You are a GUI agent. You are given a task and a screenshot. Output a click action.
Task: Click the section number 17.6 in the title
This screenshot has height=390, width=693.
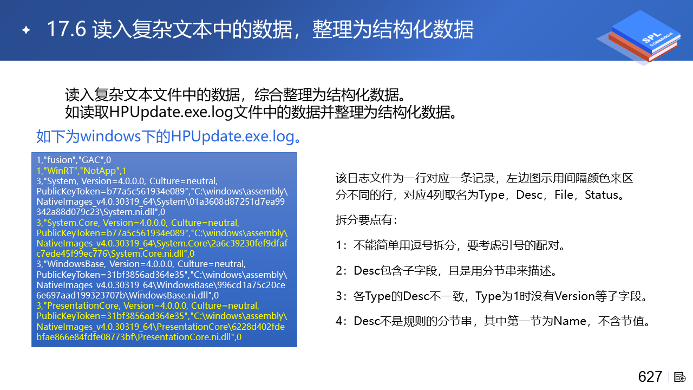66,29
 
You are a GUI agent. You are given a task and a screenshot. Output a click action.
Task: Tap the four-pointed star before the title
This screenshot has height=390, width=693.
27,30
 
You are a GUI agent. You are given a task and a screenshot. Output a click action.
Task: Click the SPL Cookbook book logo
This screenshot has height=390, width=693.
640,37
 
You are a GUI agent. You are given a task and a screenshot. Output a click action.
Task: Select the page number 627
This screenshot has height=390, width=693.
650,376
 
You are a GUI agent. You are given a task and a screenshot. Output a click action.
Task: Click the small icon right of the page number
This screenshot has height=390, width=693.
679,378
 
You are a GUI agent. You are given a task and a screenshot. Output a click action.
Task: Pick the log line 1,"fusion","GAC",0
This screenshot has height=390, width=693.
74,160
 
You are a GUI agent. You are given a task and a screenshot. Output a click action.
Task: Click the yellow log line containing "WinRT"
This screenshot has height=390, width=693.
81,171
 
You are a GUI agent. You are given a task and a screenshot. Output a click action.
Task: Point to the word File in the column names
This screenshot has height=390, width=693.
564,195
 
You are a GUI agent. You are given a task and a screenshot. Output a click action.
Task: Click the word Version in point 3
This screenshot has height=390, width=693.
574,296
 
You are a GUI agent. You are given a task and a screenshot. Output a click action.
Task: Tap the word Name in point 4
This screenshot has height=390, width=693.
570,321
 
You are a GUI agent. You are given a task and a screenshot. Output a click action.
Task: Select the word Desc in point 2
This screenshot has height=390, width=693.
367,271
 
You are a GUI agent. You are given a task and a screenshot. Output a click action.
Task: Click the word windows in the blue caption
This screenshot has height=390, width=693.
111,136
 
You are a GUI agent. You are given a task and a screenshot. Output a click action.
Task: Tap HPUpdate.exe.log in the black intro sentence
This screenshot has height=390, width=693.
171,112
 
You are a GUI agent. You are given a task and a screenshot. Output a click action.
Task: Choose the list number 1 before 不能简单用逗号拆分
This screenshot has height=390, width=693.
339,245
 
